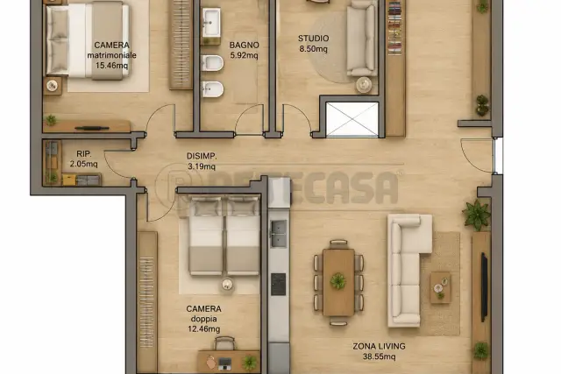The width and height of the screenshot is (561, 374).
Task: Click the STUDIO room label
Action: (314, 39)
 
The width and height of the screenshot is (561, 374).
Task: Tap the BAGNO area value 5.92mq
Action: (244, 55)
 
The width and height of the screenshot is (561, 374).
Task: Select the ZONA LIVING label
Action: (379, 346)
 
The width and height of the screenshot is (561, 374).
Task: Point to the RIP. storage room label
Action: (84, 154)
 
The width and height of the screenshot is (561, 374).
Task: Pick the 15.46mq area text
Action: (111, 66)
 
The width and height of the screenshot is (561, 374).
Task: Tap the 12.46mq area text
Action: (204, 328)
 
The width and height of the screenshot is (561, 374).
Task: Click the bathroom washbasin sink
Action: (211, 23)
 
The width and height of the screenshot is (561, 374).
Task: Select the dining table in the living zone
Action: (338, 282)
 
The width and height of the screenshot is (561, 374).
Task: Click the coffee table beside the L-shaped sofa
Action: (440, 287)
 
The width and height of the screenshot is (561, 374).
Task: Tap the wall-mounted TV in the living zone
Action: (484, 287)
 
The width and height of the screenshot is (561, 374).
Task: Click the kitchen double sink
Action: (279, 234)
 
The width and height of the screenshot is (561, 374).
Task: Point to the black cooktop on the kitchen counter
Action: (279, 285)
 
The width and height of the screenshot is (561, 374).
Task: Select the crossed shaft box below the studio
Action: (352, 119)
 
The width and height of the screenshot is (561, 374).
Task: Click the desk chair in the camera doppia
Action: (224, 343)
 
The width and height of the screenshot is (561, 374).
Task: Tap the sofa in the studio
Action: (361, 39)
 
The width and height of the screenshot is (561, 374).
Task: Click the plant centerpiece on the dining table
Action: (337, 281)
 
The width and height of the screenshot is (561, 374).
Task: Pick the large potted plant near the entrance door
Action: (476, 215)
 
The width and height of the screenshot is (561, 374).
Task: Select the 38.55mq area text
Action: (380, 356)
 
